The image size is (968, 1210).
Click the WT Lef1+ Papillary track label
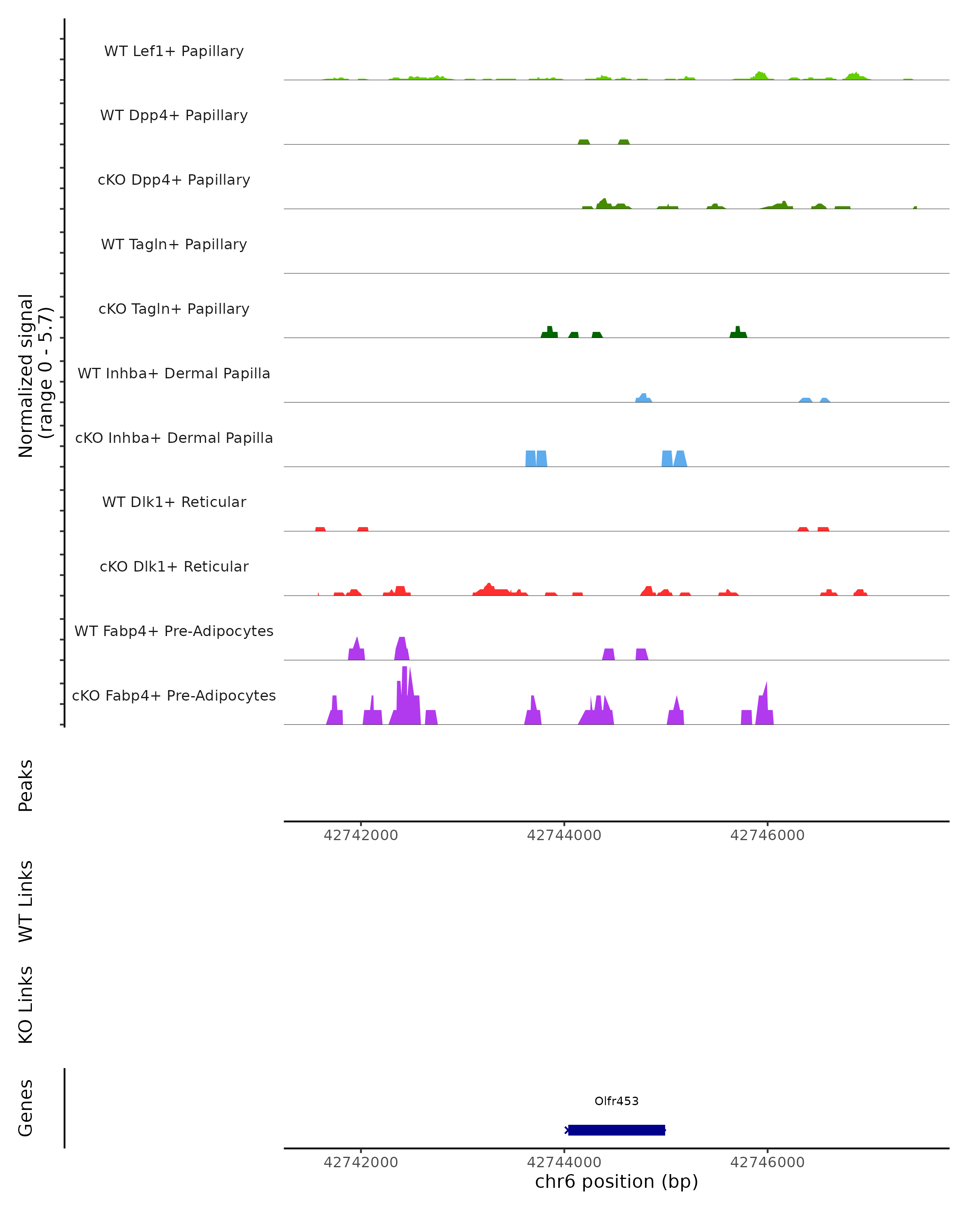click(174, 51)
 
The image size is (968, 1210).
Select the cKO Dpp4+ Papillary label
click(174, 180)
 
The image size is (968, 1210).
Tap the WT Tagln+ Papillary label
click(174, 245)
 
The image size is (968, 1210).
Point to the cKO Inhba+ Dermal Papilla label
click(174, 438)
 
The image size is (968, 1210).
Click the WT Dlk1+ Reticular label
click(174, 502)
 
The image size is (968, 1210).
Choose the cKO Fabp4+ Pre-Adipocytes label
click(174, 696)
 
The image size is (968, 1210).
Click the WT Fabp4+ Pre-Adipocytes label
click(174, 631)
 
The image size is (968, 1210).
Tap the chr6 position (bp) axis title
click(616, 1182)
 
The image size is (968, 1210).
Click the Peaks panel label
click(26, 785)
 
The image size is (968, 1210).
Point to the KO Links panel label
click(26, 1005)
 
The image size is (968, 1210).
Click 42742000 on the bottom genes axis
click(361, 1162)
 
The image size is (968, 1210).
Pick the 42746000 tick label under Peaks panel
click(767, 835)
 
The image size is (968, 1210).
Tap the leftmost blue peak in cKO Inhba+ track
click(530, 459)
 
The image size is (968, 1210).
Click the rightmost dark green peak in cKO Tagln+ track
click(738, 333)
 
